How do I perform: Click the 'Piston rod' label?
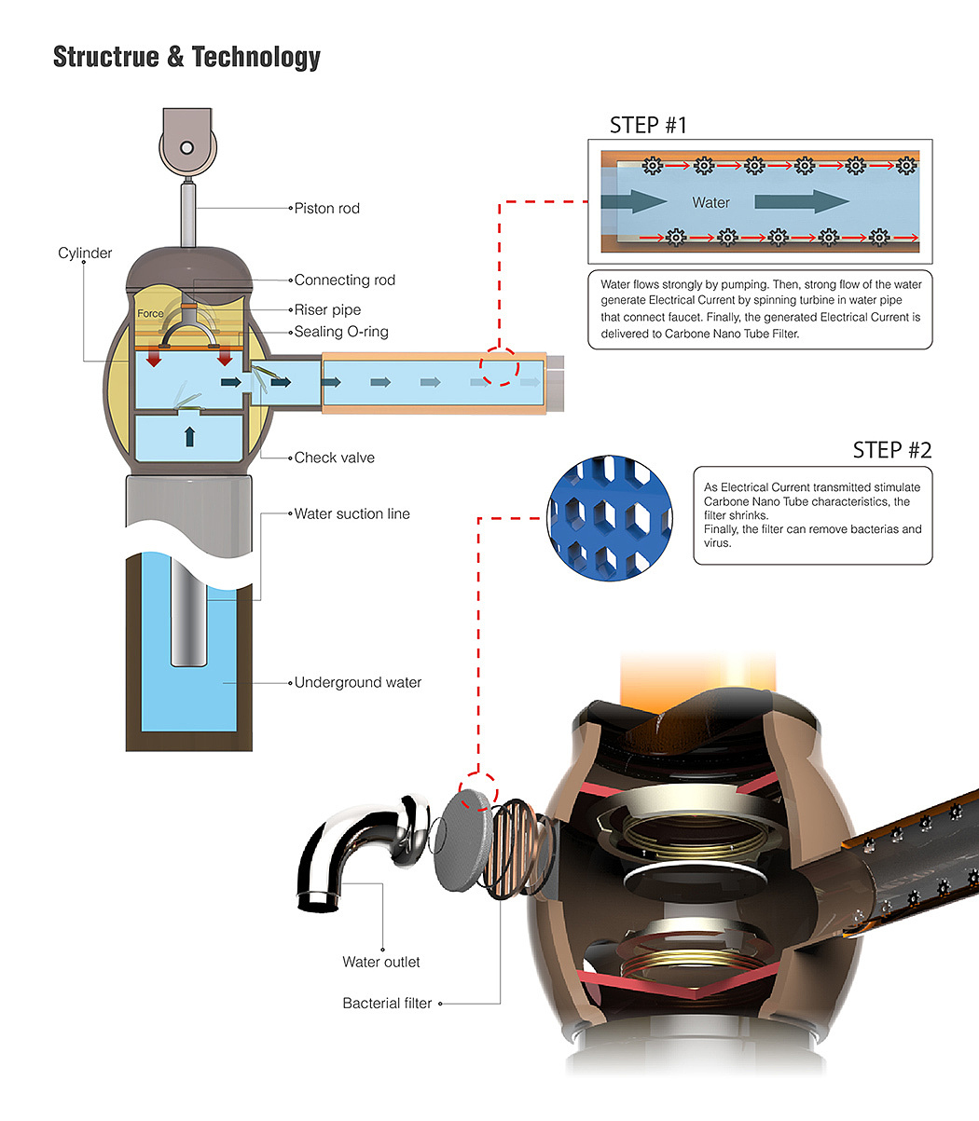[x=326, y=208]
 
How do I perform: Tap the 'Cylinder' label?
[x=85, y=253]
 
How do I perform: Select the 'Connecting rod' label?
[x=345, y=280]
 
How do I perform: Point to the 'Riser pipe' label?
[x=328, y=309]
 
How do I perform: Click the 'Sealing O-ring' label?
[x=341, y=332]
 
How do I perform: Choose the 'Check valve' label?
[x=335, y=458]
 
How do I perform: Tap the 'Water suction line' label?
[x=352, y=514]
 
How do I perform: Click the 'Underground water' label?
[x=358, y=683]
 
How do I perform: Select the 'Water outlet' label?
[x=381, y=962]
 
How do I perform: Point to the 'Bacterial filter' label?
[x=387, y=1004]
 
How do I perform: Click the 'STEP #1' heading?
[x=648, y=126]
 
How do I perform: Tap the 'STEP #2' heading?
[x=892, y=450]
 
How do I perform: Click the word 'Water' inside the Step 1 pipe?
[x=711, y=203]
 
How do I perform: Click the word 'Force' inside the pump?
[x=150, y=313]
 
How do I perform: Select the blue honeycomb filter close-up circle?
[x=610, y=518]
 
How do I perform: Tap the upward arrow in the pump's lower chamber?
[x=189, y=437]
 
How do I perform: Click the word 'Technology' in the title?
[x=256, y=57]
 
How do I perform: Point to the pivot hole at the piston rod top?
[x=186, y=148]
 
